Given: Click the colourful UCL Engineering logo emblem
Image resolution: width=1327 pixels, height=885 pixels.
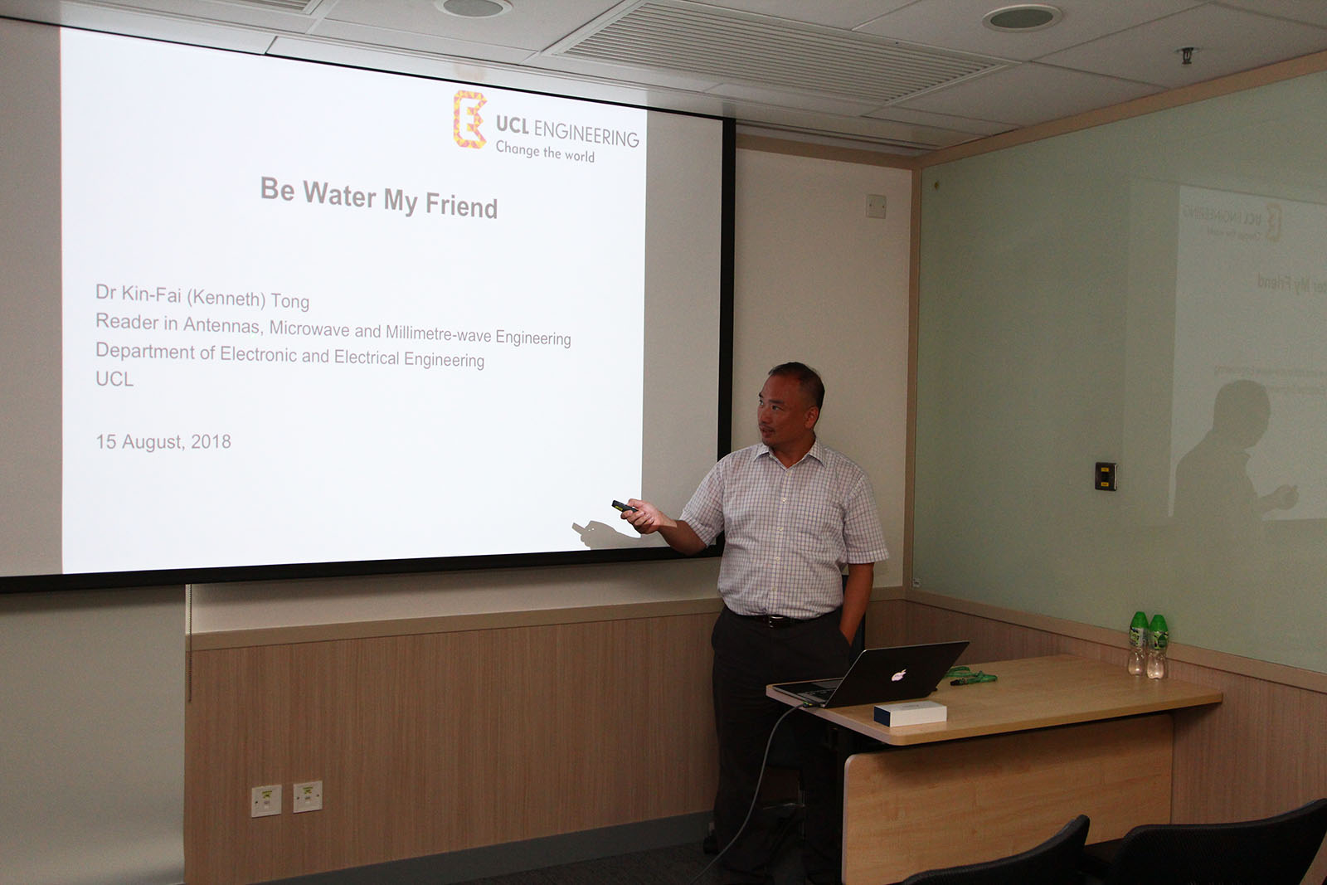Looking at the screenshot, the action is click(x=469, y=119).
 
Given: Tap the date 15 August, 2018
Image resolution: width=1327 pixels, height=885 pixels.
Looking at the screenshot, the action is click(x=163, y=442).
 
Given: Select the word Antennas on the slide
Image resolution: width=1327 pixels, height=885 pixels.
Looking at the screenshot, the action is click(x=221, y=325).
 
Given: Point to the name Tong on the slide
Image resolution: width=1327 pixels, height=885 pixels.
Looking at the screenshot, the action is click(x=290, y=302).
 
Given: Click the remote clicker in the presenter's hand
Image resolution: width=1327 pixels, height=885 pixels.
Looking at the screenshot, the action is click(x=624, y=507).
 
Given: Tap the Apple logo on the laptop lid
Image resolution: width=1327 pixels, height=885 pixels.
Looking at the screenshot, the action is click(x=899, y=674).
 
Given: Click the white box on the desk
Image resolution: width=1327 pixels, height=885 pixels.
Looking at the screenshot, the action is click(x=910, y=712).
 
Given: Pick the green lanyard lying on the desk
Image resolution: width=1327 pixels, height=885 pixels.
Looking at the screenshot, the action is click(x=972, y=677).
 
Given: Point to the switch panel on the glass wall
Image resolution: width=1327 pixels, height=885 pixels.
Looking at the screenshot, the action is click(x=1106, y=476).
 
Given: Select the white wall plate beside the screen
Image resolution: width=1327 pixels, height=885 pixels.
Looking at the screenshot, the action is click(x=876, y=207).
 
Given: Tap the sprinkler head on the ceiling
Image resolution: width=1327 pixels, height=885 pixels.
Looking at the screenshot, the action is click(x=1187, y=55).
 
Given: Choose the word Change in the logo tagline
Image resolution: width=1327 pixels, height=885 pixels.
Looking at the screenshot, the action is click(x=518, y=148).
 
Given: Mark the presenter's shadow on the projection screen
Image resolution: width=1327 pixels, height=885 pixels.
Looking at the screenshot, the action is click(x=602, y=533).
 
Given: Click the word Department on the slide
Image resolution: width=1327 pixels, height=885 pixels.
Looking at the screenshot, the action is click(x=145, y=352).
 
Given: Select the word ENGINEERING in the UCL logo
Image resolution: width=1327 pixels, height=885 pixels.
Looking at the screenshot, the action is click(x=586, y=134).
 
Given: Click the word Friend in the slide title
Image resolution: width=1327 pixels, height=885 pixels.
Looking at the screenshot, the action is click(x=461, y=207).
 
